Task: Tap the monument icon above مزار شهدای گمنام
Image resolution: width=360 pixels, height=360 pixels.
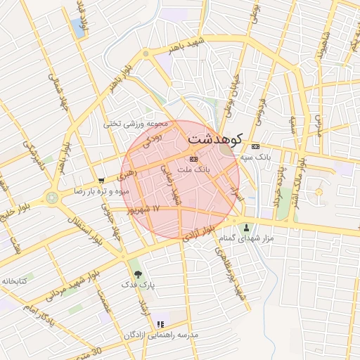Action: click(246, 228)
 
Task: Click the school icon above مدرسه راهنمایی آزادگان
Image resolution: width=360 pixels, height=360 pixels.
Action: click(160, 324)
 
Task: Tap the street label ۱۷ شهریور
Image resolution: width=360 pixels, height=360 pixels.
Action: click(143, 210)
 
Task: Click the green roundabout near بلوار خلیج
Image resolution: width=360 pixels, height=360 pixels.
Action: click(53, 198)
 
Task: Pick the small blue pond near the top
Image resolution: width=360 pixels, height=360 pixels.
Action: click(76, 27)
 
